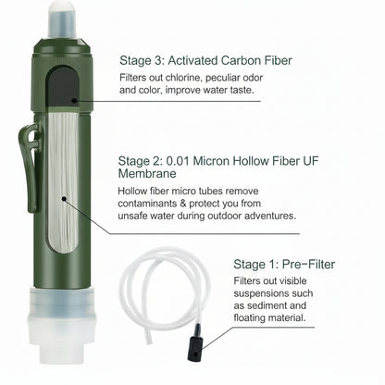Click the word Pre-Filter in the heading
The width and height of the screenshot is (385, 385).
pos(305,264)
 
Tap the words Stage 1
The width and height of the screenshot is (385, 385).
pos(253,264)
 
